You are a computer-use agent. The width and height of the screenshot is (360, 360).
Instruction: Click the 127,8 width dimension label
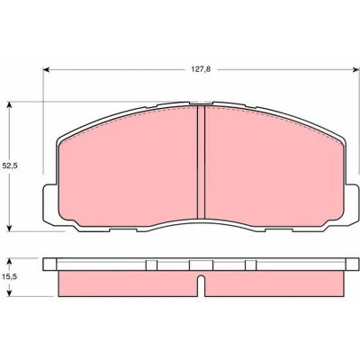201,69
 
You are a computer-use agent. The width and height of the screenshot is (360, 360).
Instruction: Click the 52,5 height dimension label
10,166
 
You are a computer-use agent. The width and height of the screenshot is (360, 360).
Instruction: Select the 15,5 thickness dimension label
10,277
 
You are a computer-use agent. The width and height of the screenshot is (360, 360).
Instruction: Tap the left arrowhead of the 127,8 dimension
46,69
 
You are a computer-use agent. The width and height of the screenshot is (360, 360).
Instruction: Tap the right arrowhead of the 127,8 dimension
355,69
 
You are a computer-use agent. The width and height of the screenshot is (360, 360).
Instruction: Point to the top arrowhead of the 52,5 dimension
10,104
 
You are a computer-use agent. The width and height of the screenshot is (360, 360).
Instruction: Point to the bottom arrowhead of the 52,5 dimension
10,229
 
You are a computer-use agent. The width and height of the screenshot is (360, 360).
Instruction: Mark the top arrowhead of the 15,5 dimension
10,261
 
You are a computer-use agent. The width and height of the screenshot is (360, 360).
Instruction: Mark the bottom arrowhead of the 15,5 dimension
10,293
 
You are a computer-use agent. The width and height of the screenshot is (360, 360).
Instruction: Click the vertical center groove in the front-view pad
201,162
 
